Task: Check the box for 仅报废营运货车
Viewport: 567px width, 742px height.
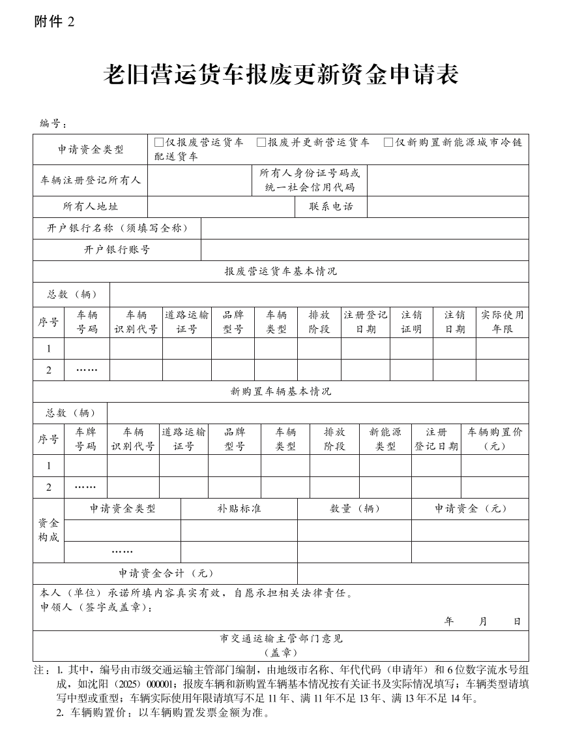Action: (159, 142)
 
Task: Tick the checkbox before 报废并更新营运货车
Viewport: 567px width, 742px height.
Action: (261, 142)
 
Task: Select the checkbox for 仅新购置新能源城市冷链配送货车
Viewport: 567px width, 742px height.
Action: (388, 142)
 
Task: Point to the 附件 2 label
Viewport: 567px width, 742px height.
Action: (55, 22)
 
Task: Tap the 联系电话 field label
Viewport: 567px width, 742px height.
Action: (330, 206)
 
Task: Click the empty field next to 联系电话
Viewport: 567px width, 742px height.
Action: (448, 206)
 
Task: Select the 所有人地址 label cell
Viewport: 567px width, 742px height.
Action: (91, 206)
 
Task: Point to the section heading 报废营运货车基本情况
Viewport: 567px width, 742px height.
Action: (281, 271)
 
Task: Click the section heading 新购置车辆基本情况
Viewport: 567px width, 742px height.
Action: (281, 392)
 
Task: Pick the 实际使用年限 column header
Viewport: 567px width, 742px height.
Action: (502, 322)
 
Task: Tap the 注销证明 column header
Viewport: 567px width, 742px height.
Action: (411, 322)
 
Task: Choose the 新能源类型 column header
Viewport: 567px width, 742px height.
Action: (385, 439)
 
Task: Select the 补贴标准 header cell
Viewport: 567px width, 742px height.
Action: (239, 509)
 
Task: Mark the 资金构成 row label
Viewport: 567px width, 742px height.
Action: (49, 530)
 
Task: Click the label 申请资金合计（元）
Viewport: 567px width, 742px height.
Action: (166, 574)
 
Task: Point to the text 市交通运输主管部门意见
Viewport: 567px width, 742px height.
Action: (281, 639)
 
